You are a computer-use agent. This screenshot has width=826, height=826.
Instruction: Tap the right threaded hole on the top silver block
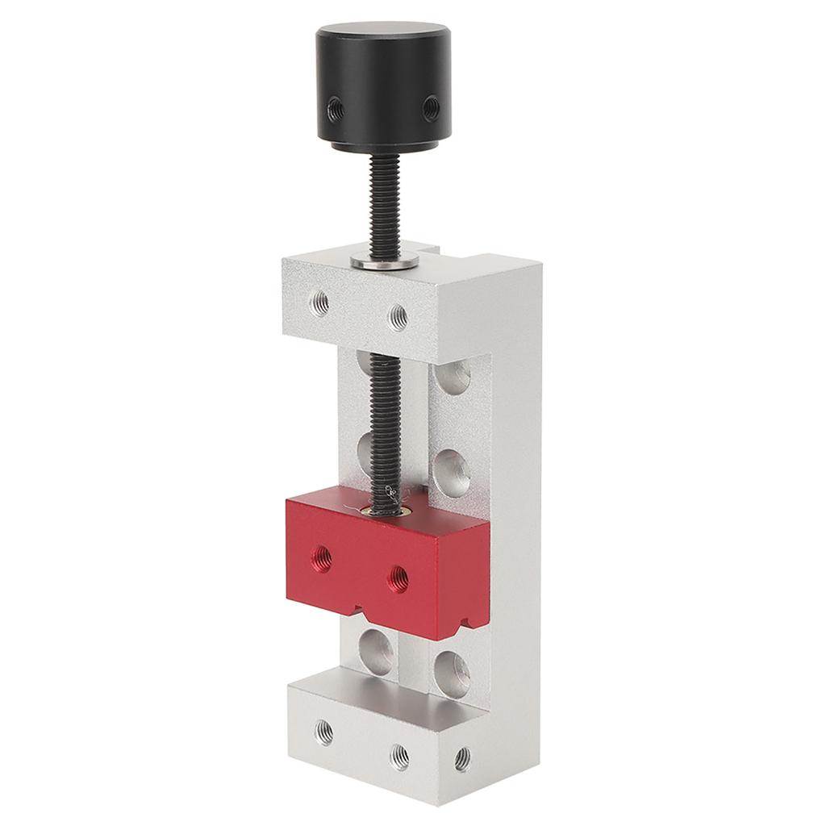(396, 315)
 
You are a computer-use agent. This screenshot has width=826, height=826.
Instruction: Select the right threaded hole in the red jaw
(397, 576)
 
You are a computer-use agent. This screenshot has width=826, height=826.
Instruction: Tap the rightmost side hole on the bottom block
(461, 757)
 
